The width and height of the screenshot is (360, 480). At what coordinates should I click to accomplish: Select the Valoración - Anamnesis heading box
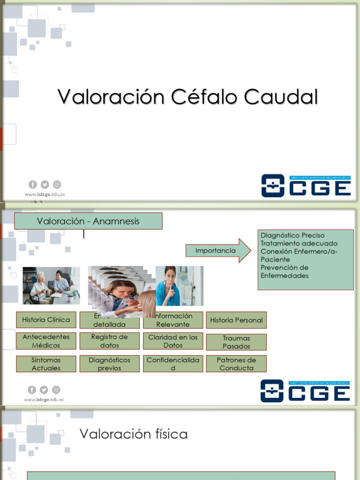tap(88, 221)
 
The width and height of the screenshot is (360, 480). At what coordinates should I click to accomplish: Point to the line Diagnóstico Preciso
tap(292, 235)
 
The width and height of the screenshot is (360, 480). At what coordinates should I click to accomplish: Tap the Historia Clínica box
tap(46, 320)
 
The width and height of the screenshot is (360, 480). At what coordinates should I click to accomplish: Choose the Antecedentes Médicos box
tap(46, 341)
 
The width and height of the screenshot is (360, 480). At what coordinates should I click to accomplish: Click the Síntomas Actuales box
tap(46, 364)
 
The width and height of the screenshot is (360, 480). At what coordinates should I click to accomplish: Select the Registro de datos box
tap(109, 341)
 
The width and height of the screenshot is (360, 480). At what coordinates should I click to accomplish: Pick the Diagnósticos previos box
tap(109, 364)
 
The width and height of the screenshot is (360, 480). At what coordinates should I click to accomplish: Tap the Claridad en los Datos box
tap(173, 341)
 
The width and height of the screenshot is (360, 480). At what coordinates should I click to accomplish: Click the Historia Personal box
tap(236, 320)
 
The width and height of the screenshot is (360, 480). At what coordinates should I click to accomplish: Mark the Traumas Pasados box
tap(236, 342)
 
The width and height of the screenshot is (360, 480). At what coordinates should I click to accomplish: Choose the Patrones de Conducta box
tap(236, 364)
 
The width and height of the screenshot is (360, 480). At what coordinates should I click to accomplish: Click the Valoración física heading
tap(134, 434)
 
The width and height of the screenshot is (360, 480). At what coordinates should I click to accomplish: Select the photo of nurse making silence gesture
tap(180, 286)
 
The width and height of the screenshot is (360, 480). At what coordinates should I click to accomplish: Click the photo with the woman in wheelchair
tap(51, 285)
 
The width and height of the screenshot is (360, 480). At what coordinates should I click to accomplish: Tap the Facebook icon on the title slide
tap(32, 185)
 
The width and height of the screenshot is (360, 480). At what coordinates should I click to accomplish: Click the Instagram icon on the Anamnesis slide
tap(56, 390)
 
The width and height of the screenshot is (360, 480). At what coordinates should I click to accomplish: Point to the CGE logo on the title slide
tap(306, 186)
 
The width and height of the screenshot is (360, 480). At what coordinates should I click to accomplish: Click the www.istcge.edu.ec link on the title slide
tap(45, 194)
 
